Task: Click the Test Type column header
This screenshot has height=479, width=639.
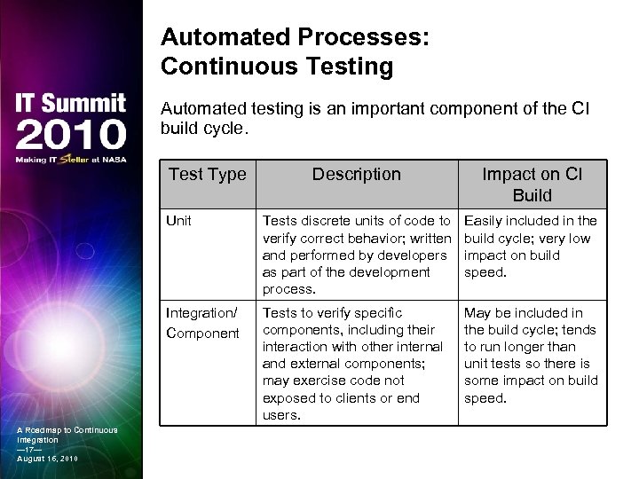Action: [207, 175]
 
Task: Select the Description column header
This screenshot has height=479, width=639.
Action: [356, 175]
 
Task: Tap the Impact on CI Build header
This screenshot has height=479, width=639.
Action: [532, 185]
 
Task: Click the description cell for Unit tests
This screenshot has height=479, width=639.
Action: [356, 255]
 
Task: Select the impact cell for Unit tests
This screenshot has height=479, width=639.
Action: [531, 247]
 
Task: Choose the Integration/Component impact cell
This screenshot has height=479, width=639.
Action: [531, 356]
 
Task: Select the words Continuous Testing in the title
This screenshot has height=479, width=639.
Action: [277, 66]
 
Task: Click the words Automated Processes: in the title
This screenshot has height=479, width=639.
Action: [295, 38]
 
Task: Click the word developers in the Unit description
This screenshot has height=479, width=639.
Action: [414, 255]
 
